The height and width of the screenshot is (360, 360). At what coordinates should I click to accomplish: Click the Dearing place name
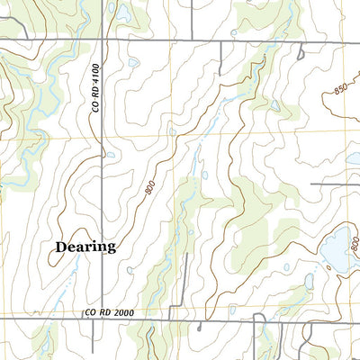85,246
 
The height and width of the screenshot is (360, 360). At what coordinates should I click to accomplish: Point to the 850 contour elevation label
338,89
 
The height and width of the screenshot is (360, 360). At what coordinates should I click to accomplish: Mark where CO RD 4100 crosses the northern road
103,40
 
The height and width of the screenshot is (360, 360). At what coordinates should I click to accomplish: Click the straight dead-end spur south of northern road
220,58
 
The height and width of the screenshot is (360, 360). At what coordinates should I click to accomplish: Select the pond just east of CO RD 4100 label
133,63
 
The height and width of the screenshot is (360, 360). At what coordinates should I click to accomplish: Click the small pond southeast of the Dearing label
130,270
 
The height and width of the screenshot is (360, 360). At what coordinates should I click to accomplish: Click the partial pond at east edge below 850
355,158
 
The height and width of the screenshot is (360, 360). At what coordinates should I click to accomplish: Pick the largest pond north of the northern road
113,9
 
